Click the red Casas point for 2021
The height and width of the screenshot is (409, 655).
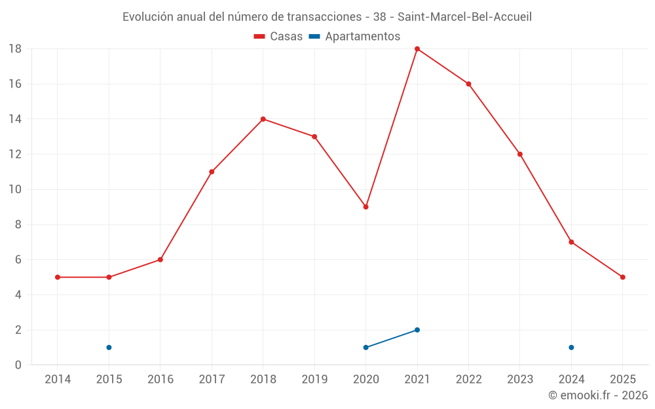[x=417, y=49]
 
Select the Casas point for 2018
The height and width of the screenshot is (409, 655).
[x=263, y=119]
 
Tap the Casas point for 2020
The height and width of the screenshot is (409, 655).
[x=365, y=207]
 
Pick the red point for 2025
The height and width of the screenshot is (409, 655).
[x=622, y=277]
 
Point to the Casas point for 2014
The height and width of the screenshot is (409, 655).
[x=58, y=277]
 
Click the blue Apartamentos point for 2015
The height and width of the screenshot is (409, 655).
[x=109, y=347]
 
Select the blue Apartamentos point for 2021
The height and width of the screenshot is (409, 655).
[x=417, y=330]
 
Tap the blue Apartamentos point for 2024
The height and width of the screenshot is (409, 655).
[x=571, y=347]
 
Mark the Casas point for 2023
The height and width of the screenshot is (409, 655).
[x=519, y=154]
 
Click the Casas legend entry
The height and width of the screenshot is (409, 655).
[x=278, y=37]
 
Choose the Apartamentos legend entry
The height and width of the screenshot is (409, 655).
[x=354, y=37]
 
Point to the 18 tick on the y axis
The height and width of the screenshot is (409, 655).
[x=15, y=49]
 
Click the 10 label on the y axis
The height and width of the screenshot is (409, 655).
[x=15, y=190]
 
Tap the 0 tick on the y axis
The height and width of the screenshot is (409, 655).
[x=18, y=365]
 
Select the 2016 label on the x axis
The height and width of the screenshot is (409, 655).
[x=160, y=380]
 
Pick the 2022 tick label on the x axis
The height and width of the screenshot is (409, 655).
[x=468, y=380]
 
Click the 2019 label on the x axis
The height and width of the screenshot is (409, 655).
[x=314, y=380]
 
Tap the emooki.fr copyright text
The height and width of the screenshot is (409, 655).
[x=598, y=395]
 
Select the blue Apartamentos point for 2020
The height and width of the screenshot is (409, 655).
[x=365, y=347]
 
